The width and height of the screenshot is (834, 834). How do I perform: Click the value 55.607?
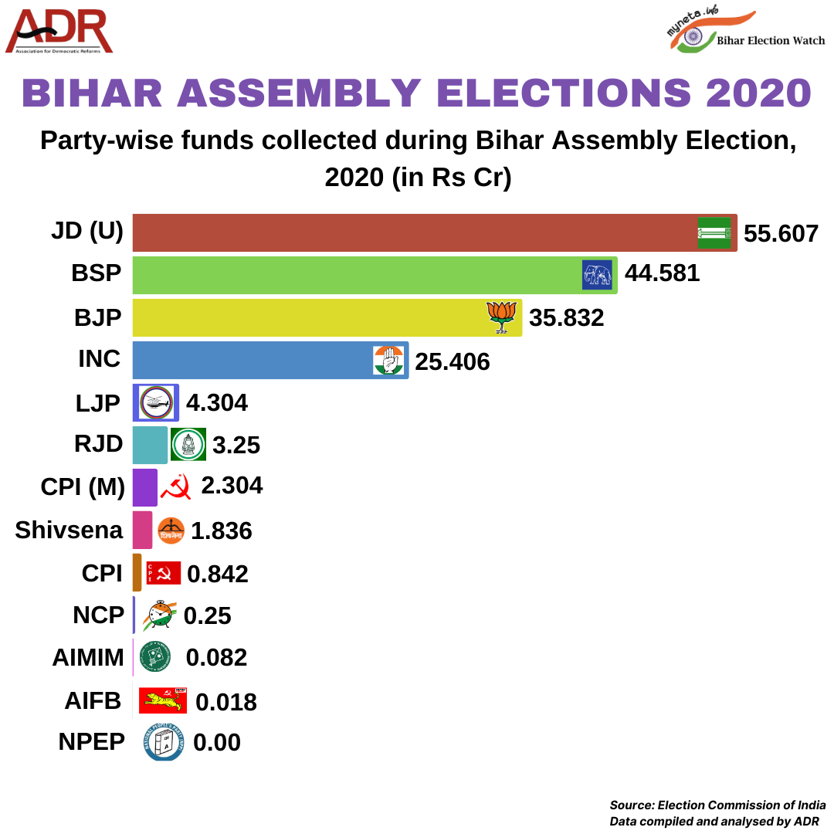point(781,233)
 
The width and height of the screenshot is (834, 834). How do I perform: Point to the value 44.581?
point(662,273)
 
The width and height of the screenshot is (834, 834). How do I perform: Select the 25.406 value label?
point(453,361)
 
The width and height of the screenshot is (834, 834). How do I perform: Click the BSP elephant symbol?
point(597,275)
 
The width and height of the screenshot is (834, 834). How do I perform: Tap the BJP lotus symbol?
point(502,317)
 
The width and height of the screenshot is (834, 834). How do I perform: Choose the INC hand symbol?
point(388,360)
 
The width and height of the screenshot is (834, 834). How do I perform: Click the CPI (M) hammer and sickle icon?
point(175,486)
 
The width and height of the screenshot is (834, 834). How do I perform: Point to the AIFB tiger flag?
point(163,700)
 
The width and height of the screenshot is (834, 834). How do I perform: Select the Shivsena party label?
point(69,530)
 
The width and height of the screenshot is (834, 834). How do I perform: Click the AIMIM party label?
point(88,657)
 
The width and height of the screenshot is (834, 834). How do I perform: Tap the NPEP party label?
point(91,741)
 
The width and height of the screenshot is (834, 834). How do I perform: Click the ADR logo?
point(59,32)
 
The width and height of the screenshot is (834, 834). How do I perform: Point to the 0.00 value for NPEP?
point(217,742)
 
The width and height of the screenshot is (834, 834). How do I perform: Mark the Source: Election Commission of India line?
point(717,805)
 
